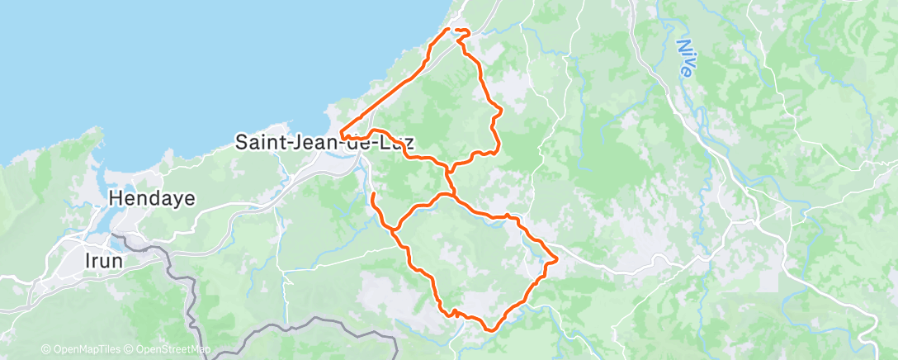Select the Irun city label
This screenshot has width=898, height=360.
pyautogui.click(x=105, y=260)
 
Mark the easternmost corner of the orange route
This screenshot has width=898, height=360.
pyautogui.click(x=557, y=259)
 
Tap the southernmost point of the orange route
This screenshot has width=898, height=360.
pyautogui.click(x=490, y=330)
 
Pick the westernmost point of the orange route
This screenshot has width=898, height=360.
pyautogui.click(x=340, y=134)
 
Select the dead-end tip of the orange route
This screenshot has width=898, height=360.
pyautogui.click(x=373, y=193)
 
